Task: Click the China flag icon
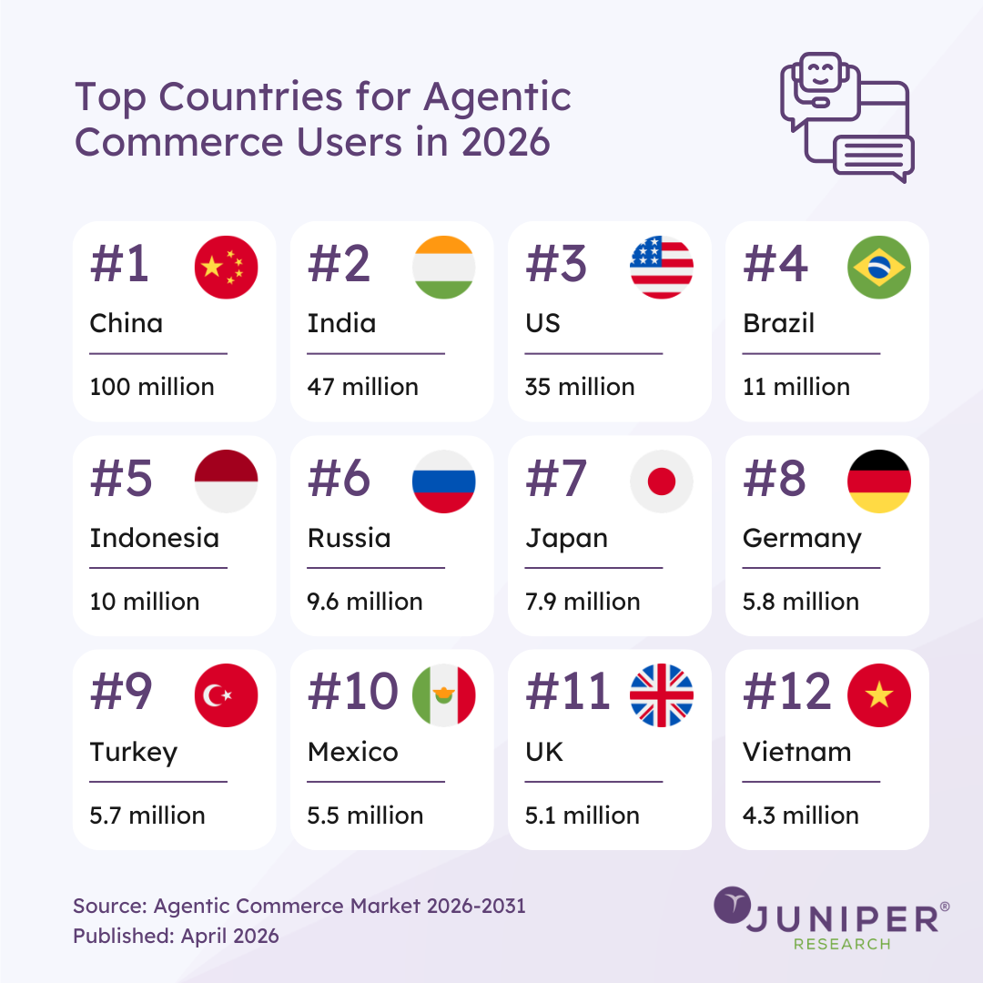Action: point(227,267)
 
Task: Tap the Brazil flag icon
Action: point(879,267)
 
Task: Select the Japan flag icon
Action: point(662,481)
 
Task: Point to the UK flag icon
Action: point(662,695)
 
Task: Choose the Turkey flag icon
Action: point(227,695)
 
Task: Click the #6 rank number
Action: point(339,479)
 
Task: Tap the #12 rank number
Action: point(787,693)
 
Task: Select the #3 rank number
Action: point(557,264)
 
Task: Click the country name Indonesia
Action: point(154,538)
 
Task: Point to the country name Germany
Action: point(802,539)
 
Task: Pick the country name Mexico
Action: point(352,752)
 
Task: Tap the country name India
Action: point(341,323)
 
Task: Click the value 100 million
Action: point(152,387)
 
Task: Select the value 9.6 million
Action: point(365,602)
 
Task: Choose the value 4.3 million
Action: point(801,816)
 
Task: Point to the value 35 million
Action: point(580,387)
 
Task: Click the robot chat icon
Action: point(846,117)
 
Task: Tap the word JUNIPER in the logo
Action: point(842,918)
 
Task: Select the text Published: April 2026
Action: point(176,936)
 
